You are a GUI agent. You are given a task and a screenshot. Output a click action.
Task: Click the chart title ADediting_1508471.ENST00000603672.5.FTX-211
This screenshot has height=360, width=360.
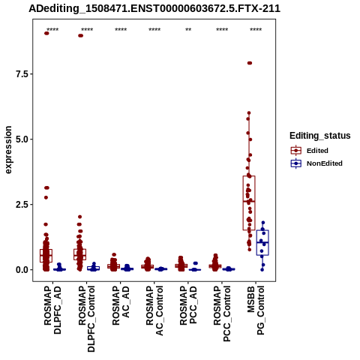click(154, 8)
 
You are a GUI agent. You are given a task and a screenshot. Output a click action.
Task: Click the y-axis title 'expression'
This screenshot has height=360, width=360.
click(8, 150)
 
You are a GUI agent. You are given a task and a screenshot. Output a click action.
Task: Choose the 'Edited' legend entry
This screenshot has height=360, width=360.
click(317, 151)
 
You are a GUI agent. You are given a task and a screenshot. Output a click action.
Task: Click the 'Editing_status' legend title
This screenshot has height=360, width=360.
click(320, 136)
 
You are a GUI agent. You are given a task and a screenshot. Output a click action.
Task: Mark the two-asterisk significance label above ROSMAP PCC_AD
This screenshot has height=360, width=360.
click(188, 30)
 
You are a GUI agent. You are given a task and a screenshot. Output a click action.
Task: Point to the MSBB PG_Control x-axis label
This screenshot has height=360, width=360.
click(256, 310)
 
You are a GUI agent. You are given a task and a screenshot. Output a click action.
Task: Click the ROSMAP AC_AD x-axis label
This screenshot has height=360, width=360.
click(121, 306)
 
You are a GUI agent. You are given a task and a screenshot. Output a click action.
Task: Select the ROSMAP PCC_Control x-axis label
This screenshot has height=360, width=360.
click(222, 313)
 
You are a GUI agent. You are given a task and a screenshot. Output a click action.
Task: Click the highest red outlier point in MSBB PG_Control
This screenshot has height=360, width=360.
click(250, 63)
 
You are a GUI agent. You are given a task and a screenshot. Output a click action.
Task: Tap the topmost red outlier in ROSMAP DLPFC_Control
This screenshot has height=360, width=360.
click(80, 35)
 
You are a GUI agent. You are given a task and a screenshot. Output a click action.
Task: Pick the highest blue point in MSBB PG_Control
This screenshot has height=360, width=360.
click(263, 223)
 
